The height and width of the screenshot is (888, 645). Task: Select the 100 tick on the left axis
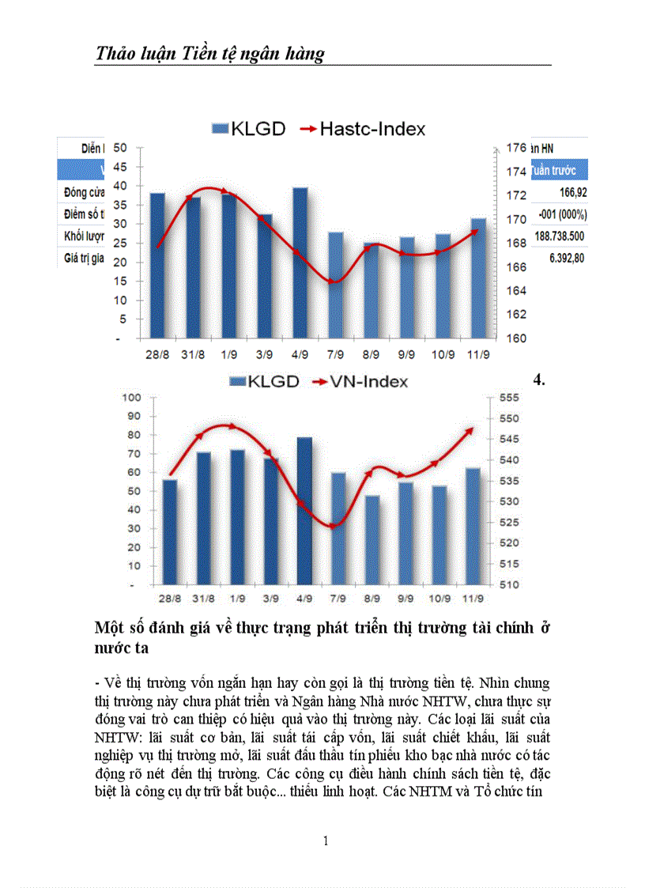[130, 397]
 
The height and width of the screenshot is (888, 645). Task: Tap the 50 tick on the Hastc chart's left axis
[121, 148]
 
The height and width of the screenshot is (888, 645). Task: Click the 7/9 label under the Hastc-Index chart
[336, 353]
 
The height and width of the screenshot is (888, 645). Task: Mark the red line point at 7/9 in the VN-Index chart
[334, 526]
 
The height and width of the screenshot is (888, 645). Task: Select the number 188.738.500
[560, 236]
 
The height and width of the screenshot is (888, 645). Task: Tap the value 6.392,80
[566, 257]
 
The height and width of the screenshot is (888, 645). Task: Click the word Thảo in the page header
[117, 53]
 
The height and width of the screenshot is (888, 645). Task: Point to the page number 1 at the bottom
[326, 841]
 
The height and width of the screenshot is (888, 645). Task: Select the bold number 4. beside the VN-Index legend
[540, 380]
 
